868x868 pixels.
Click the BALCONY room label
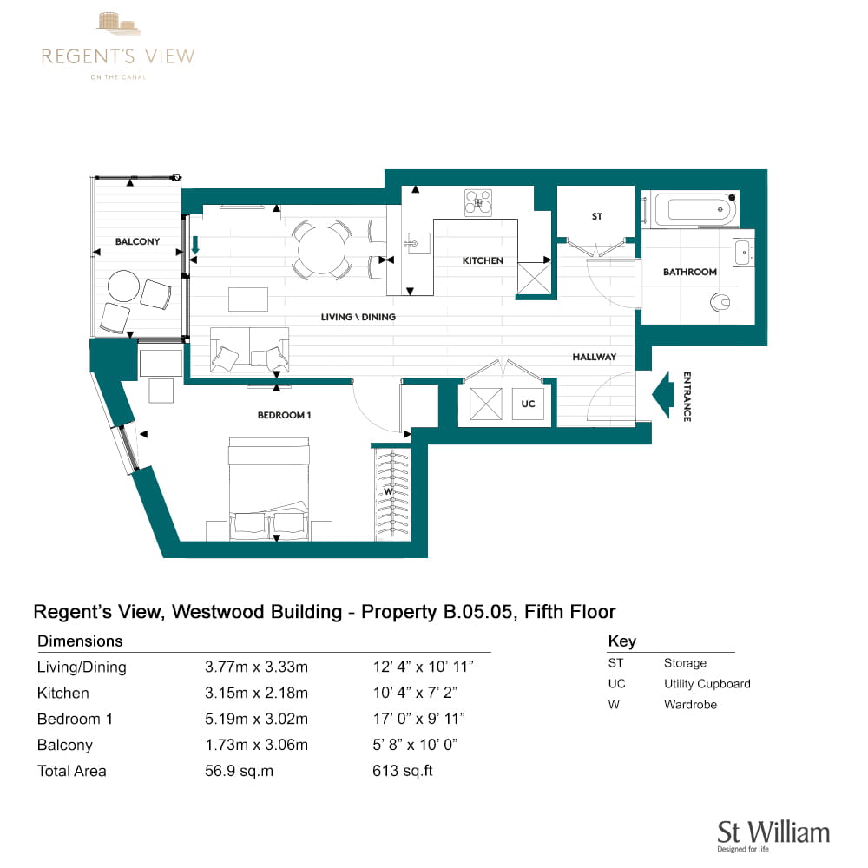137,241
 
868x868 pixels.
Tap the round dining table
322,250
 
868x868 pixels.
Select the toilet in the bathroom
720,302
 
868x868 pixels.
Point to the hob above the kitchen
478,202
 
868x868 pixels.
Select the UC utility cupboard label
528,404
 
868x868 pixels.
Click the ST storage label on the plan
597,216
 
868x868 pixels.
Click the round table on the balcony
123,286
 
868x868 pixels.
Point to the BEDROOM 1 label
284,415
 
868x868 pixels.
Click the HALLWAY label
594,357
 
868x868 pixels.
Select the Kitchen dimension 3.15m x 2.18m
256,693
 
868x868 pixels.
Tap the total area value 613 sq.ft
403,771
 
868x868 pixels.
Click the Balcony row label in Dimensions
65,745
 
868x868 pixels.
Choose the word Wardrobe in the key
690,705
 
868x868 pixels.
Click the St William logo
773,836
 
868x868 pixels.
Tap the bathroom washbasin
744,253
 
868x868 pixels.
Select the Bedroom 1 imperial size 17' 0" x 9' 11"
418,719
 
